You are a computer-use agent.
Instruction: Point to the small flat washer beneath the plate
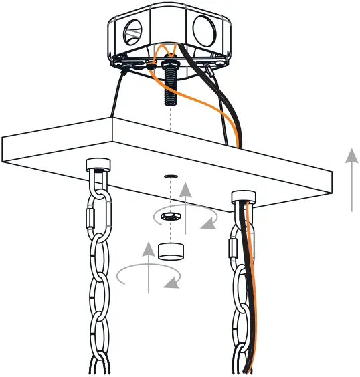click(x=171, y=177)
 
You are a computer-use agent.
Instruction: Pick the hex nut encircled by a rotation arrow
click(x=171, y=216)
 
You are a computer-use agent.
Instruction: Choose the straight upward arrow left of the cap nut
click(x=148, y=268)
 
